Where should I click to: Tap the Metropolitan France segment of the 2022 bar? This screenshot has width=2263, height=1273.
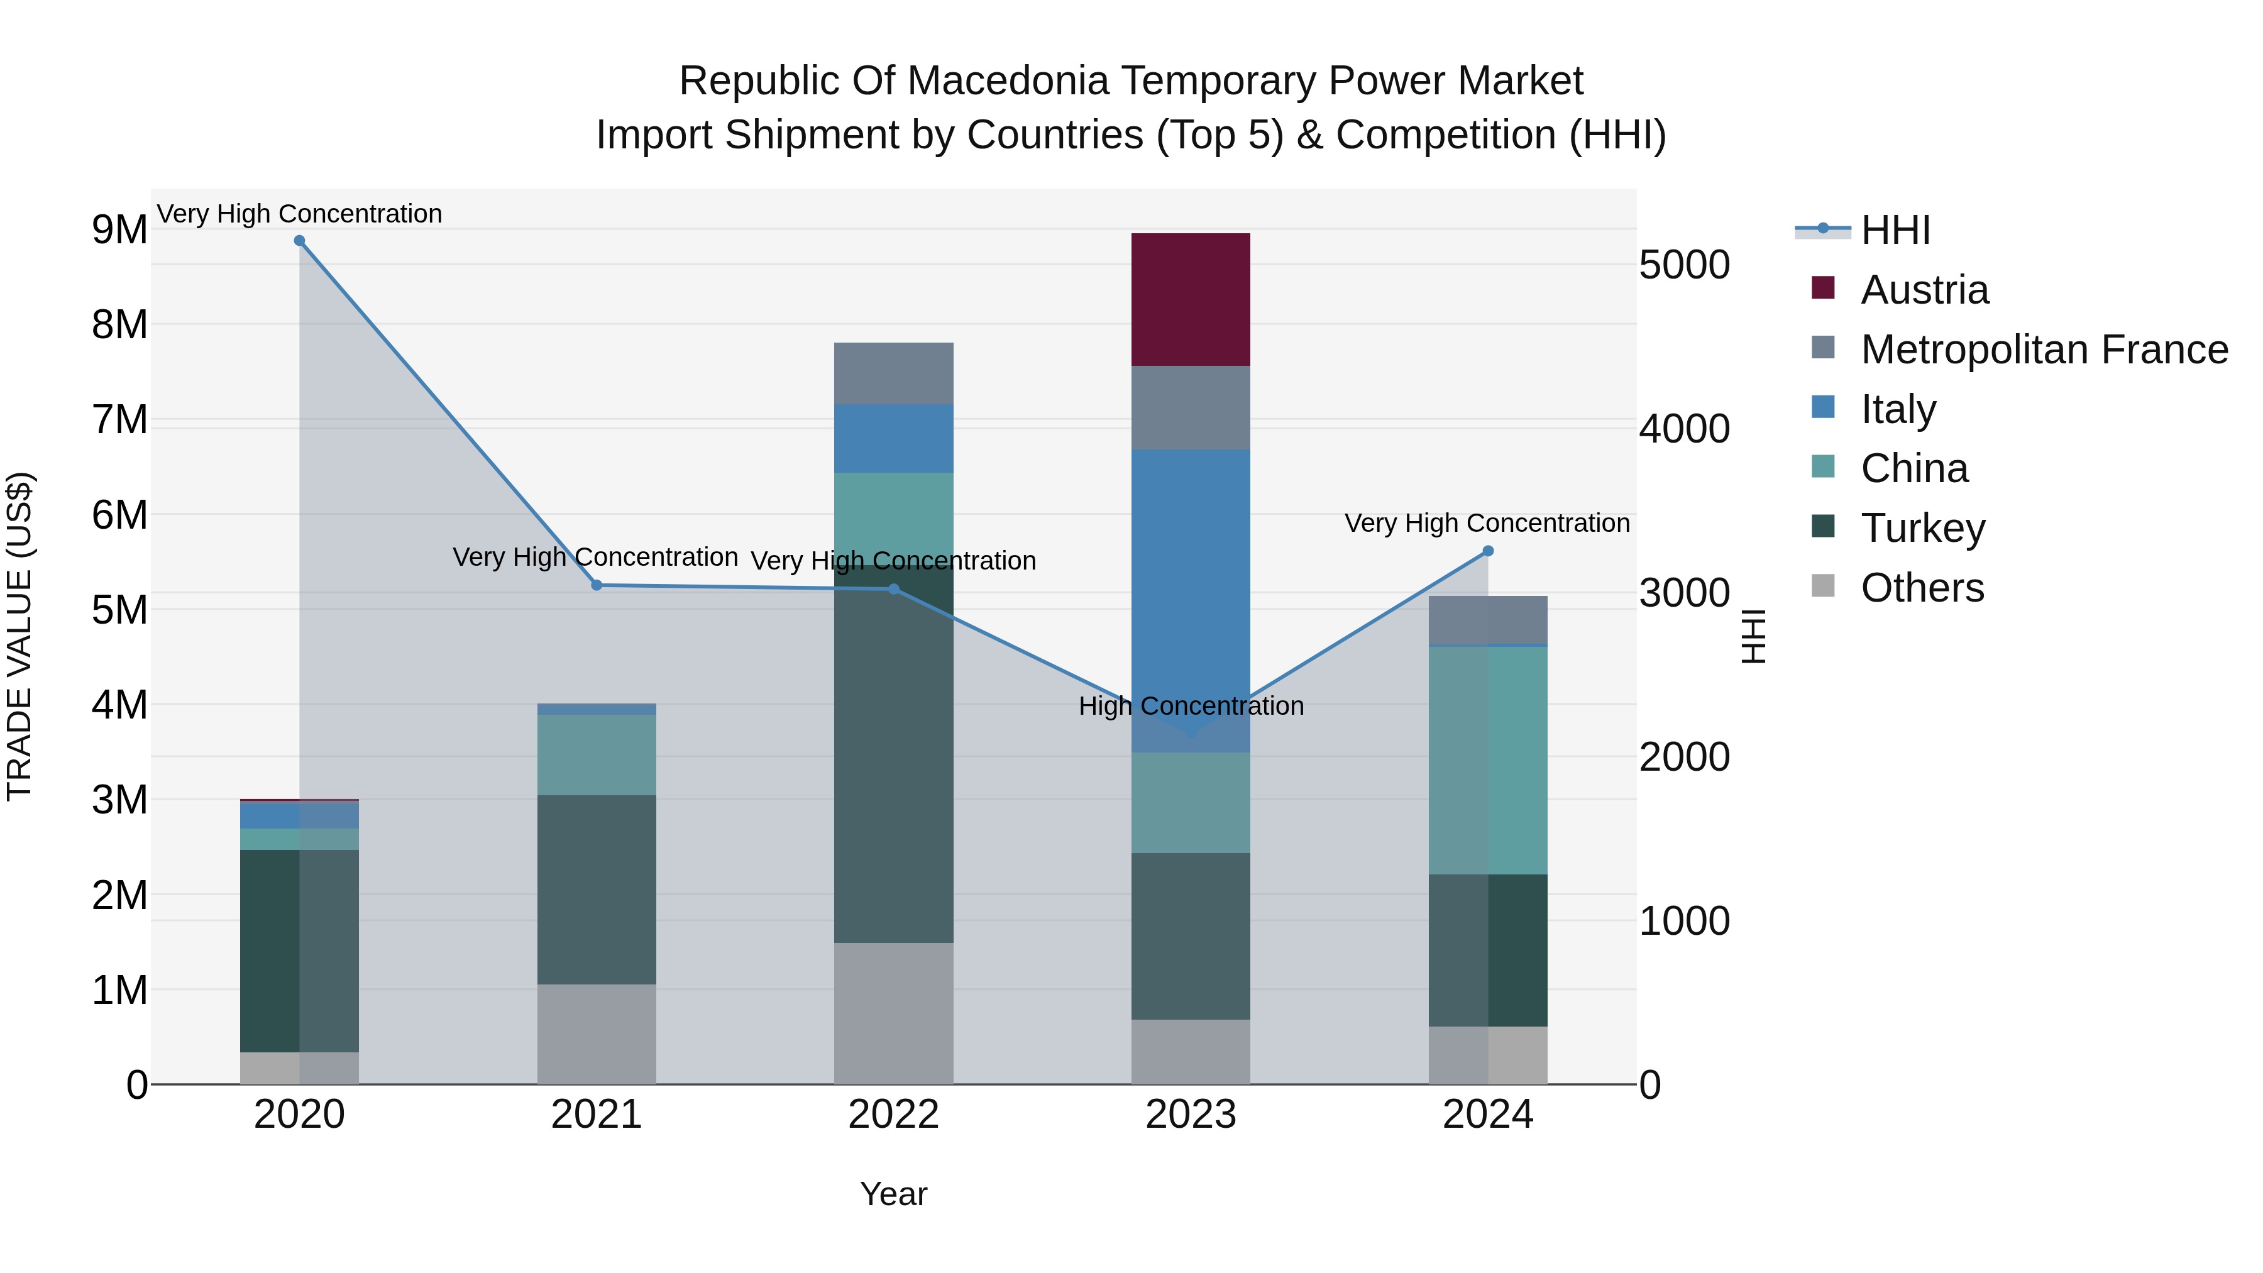pos(893,373)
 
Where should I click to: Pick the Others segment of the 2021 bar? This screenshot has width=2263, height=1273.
pos(597,1034)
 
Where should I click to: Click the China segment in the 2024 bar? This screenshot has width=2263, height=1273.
pos(1487,760)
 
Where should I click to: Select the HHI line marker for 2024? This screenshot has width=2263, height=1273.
pos(1487,551)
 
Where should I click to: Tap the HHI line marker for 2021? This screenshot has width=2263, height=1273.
pos(597,585)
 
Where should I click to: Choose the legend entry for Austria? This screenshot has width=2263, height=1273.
pos(1924,290)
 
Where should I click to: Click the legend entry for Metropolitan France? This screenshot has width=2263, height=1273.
pos(2044,350)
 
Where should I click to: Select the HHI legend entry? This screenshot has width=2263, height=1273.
pos(1895,230)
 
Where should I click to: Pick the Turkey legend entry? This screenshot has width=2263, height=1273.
pos(1922,528)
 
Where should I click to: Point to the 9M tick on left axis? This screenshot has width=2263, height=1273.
pos(119,229)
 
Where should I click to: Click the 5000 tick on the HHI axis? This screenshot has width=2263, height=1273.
pos(1684,265)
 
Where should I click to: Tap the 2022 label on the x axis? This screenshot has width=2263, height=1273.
pos(893,1115)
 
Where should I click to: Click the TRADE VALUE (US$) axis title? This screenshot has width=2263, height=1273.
pos(19,636)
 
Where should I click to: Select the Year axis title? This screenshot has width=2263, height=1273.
pos(893,1194)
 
